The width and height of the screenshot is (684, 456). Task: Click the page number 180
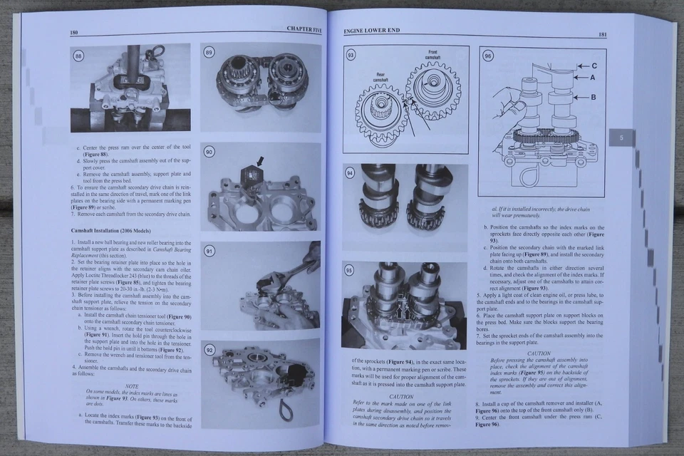pyautogui.click(x=74, y=33)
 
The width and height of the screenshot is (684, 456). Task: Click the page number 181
pyautogui.click(x=602, y=33)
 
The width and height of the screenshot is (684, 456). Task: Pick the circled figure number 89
pyautogui.click(x=209, y=53)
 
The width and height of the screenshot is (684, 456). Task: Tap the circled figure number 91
pyautogui.click(x=209, y=251)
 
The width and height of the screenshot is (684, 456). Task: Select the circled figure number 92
pyautogui.click(x=209, y=350)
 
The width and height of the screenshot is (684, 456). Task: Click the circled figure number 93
pyautogui.click(x=351, y=55)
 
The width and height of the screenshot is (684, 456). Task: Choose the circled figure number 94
pyautogui.click(x=350, y=173)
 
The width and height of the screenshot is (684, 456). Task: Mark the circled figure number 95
pyautogui.click(x=349, y=271)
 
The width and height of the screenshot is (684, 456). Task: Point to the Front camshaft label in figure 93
pyautogui.click(x=432, y=54)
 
